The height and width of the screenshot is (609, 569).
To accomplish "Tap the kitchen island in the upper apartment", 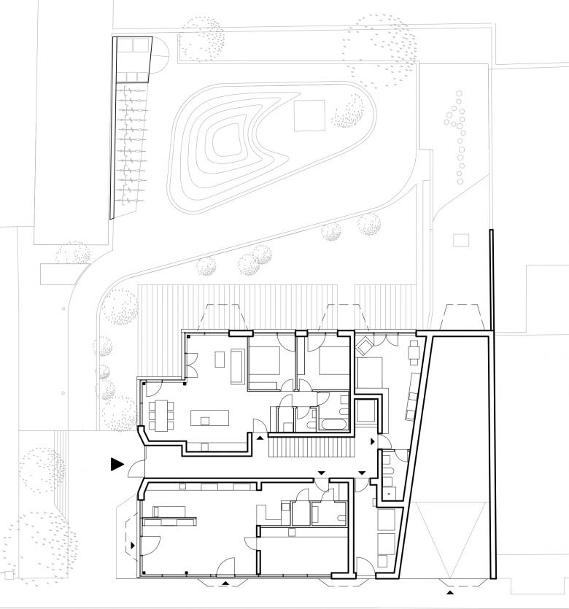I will [209, 418].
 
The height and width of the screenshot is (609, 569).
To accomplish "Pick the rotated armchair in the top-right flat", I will [365, 345].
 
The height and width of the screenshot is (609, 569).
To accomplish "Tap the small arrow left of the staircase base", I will [259, 437].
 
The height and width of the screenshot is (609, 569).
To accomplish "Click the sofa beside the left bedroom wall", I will [236, 366].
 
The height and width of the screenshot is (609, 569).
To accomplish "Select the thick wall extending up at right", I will [492, 281].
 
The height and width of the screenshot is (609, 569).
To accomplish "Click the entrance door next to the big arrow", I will [139, 462].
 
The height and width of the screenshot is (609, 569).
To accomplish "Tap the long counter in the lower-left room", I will [169, 520].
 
